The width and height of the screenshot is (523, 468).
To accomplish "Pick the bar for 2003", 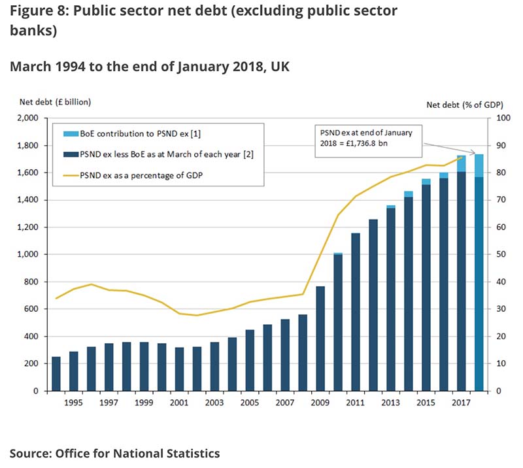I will tap(215, 366).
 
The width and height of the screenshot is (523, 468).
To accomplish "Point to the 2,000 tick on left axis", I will tap(28, 118).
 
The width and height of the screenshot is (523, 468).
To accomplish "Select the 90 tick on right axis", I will tap(501, 146).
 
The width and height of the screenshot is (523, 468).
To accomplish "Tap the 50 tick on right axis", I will tap(501, 254).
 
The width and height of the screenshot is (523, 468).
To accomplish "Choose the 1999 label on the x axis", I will tap(144, 403).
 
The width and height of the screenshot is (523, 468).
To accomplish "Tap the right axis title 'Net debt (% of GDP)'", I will tap(460, 103).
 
